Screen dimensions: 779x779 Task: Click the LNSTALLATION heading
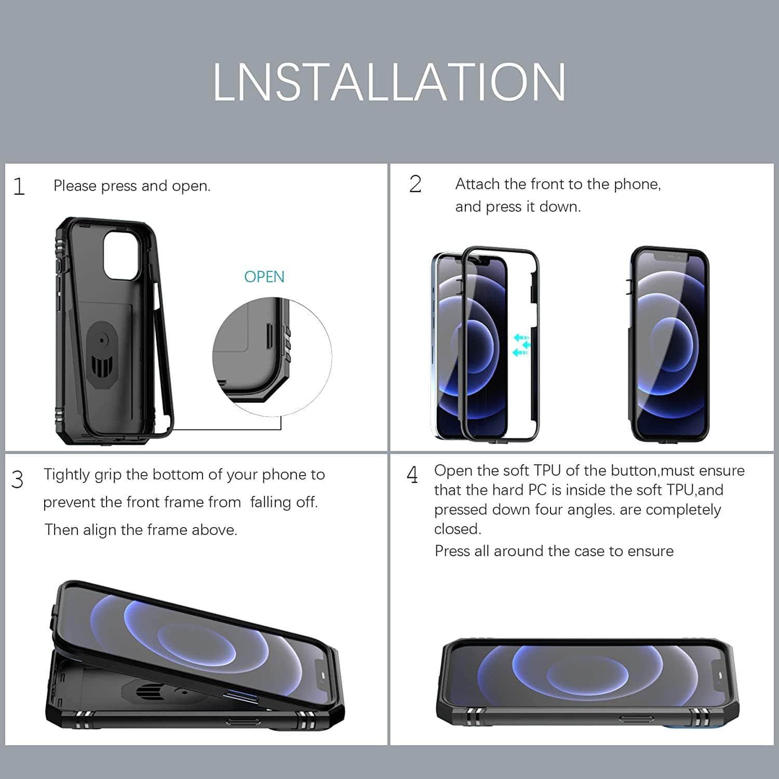[x=389, y=82]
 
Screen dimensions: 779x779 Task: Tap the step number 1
[x=19, y=186]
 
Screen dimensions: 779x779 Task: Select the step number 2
[x=415, y=184]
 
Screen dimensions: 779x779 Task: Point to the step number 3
[x=18, y=479]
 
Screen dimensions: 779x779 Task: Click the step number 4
[x=412, y=475]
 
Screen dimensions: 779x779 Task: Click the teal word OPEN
[x=264, y=277]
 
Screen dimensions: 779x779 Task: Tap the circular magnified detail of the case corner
[x=272, y=357]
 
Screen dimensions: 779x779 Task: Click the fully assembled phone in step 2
[x=669, y=344]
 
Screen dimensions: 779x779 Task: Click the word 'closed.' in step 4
[x=458, y=529]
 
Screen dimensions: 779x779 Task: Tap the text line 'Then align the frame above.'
[x=141, y=530]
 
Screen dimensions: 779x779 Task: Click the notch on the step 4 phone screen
[x=719, y=675]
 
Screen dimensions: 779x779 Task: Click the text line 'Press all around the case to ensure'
[x=554, y=551]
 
